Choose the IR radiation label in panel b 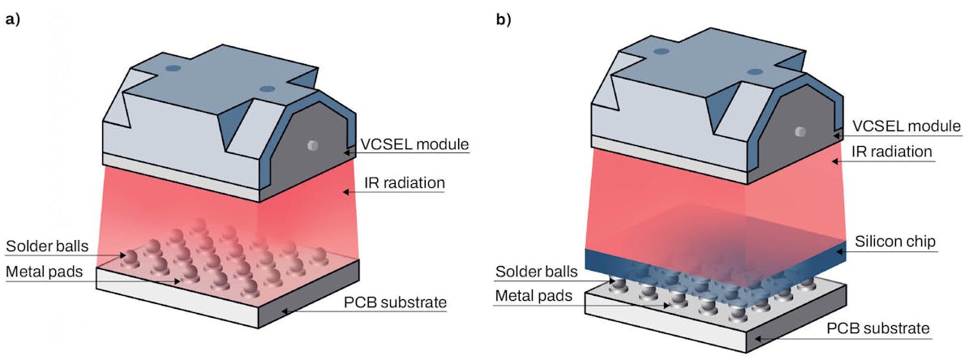895,152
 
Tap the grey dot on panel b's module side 799,131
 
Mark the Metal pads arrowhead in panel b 669,306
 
